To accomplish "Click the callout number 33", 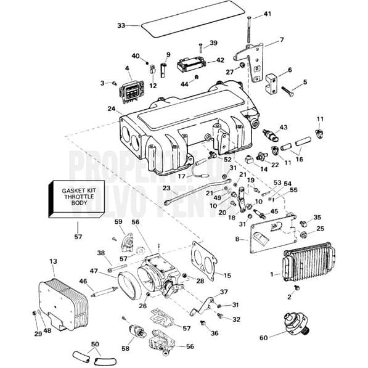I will [121, 25].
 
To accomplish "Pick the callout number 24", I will [111, 108].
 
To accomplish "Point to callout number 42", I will [220, 60].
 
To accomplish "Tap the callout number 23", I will [166, 189].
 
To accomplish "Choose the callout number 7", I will [282, 39].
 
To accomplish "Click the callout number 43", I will [283, 128].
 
